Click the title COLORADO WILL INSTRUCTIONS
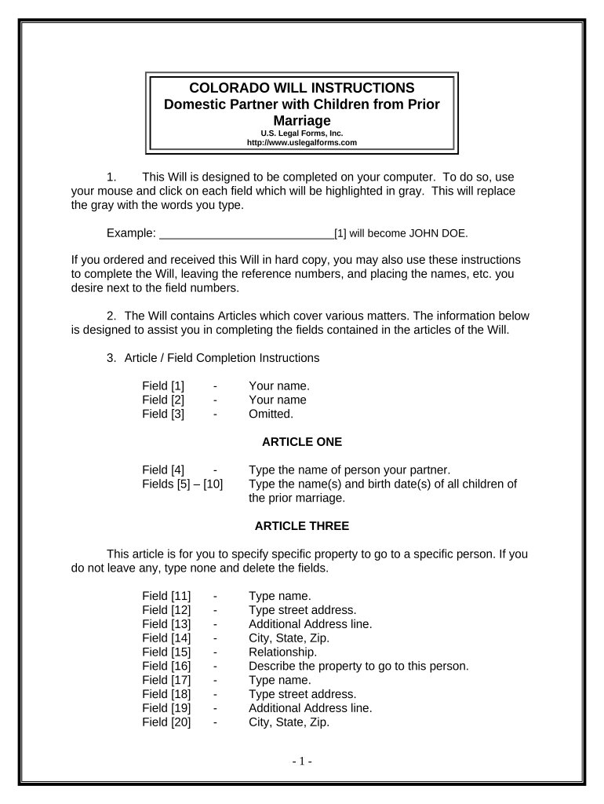(302, 87)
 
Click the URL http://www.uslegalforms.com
(302, 143)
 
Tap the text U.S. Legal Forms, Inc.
(302, 133)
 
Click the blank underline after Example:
(246, 233)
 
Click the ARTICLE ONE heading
(302, 442)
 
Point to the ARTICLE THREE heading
(302, 525)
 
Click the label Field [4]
(163, 470)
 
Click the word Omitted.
(271, 414)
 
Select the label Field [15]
(166, 652)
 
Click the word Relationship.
(282, 652)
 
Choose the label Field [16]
(166, 666)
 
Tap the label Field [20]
(166, 722)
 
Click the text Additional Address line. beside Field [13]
(310, 623)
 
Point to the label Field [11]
(166, 595)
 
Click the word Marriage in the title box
(302, 120)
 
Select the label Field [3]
(163, 414)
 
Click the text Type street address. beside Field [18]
(302, 694)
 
